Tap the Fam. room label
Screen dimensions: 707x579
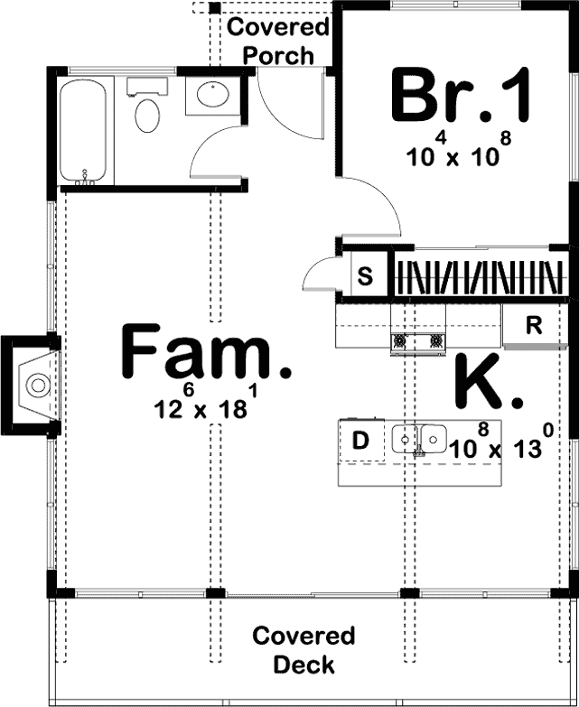pyautogui.click(x=207, y=355)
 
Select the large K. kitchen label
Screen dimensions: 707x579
pyautogui.click(x=487, y=384)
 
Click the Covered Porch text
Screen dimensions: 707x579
pyautogui.click(x=277, y=41)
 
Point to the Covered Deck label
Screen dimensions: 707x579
pyautogui.click(x=304, y=650)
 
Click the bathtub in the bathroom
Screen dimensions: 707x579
pyautogui.click(x=84, y=130)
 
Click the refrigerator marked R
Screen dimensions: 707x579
pyautogui.click(x=534, y=326)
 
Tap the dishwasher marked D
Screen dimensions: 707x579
pyautogui.click(x=360, y=442)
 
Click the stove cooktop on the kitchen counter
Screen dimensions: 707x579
pyautogui.click(x=418, y=341)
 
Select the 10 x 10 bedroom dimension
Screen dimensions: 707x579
pyautogui.click(x=453, y=153)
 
